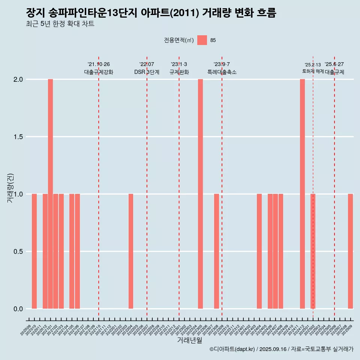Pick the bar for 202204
tap(131, 251)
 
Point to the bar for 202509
tap(350, 251)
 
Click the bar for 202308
tap(216, 251)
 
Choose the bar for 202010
tap(34, 251)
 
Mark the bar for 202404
tap(259, 251)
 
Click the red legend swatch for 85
tap(202, 40)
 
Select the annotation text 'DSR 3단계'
tap(147, 72)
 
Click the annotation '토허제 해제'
tap(313, 71)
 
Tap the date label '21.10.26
tap(99, 64)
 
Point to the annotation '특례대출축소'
tap(222, 72)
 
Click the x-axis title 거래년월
tap(189, 340)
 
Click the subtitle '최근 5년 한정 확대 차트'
tap(60, 24)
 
